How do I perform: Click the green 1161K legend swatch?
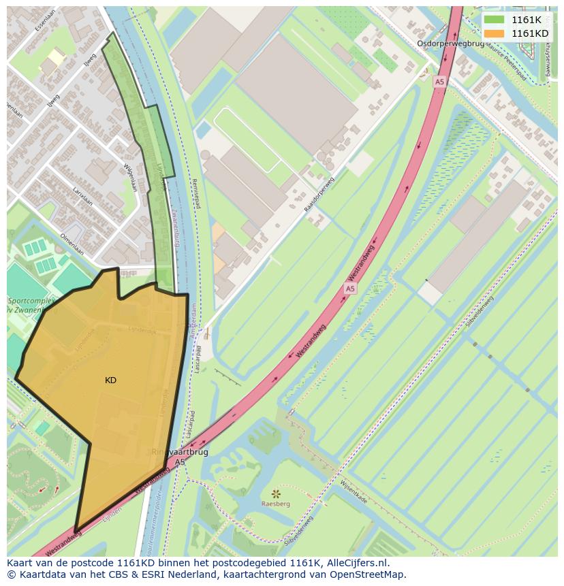point(495,19)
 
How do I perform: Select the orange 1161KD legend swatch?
point(495,33)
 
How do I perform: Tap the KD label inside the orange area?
point(110,380)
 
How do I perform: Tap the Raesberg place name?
point(276,504)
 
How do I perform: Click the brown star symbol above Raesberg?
point(276,493)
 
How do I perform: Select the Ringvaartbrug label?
point(180,451)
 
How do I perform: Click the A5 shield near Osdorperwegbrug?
point(439,81)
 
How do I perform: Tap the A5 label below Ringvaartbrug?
point(179,462)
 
